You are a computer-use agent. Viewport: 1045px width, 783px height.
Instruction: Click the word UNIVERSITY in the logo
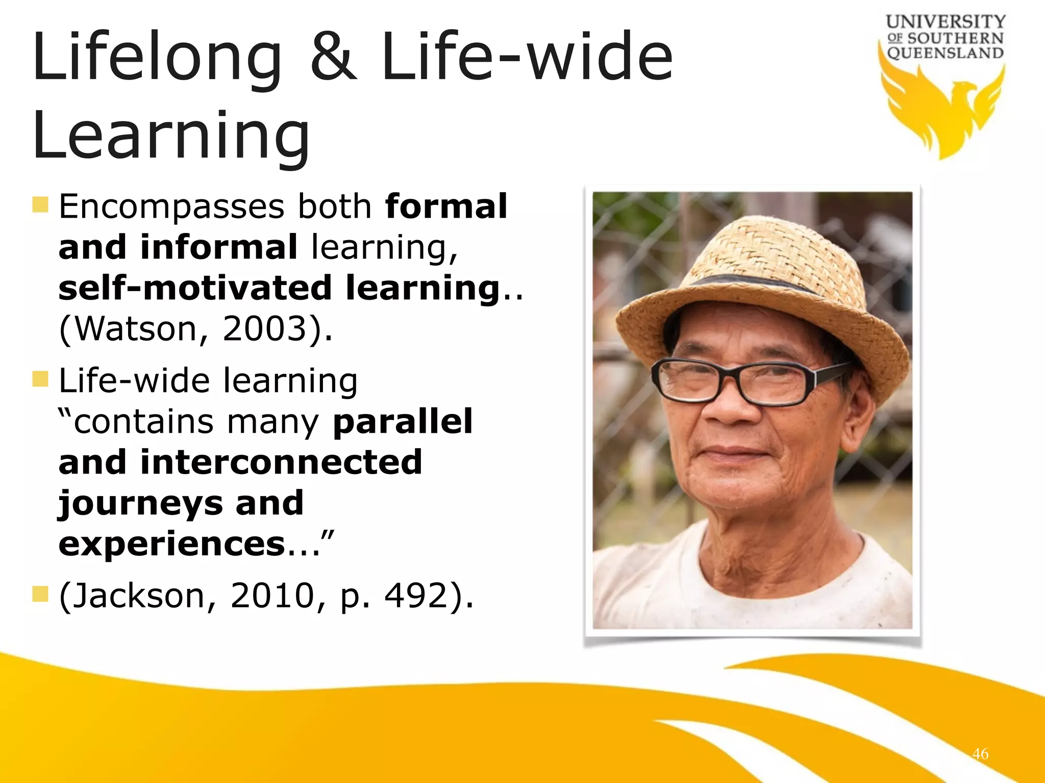click(x=946, y=21)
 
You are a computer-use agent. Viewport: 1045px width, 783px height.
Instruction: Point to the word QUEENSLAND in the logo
click(x=946, y=53)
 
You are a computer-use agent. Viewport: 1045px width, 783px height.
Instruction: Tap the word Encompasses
click(x=171, y=207)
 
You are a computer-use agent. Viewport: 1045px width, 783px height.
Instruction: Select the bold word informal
click(x=219, y=247)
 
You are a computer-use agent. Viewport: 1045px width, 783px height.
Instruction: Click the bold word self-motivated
click(x=195, y=288)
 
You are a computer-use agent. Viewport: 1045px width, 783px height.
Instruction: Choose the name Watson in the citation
click(x=135, y=329)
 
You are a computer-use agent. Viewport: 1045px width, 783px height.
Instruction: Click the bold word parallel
click(x=403, y=422)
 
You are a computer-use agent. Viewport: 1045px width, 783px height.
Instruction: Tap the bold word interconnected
click(x=281, y=462)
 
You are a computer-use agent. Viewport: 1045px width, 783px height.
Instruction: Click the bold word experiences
click(x=171, y=544)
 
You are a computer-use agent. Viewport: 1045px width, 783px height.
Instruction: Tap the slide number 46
click(x=980, y=753)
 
